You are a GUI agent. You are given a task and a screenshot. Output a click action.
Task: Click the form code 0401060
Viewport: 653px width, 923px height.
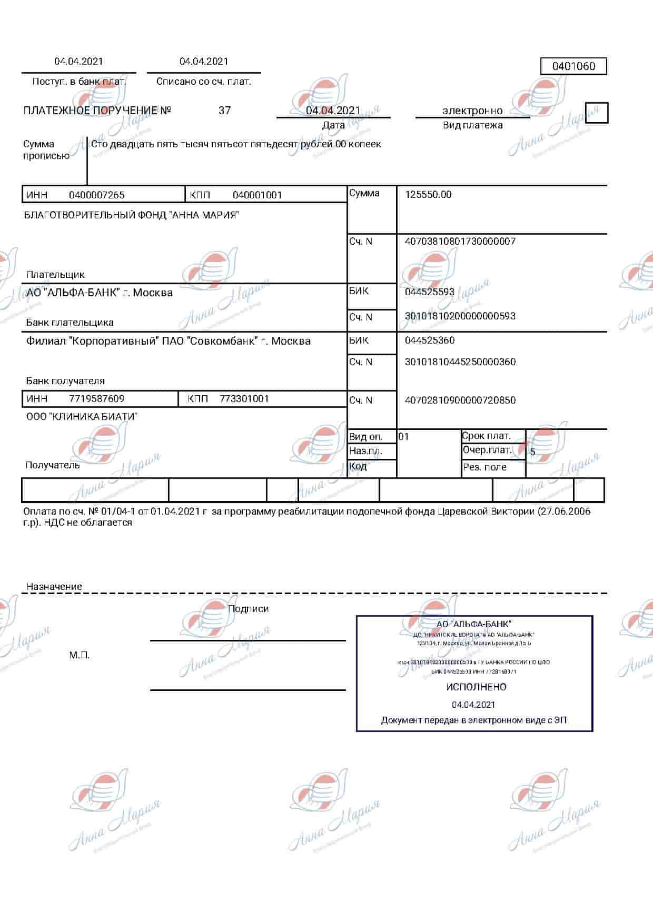[573, 66]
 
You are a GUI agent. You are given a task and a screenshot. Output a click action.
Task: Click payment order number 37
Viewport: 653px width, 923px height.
[224, 111]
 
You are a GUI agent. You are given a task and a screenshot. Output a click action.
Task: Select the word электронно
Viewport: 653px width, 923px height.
[472, 111]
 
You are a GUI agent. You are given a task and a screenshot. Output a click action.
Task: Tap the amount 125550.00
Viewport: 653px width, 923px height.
[428, 195]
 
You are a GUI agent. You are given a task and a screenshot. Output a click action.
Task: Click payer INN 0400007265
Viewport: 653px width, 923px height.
[97, 195]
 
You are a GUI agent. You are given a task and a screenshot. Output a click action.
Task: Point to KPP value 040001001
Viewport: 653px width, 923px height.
[258, 195]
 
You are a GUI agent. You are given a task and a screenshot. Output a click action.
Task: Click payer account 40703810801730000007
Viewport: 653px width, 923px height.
[460, 242]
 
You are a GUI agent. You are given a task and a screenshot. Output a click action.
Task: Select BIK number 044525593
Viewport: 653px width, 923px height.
[430, 292]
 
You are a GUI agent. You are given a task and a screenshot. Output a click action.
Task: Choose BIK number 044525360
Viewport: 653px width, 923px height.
[430, 340]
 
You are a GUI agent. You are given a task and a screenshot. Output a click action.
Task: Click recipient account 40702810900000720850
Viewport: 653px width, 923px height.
[460, 400]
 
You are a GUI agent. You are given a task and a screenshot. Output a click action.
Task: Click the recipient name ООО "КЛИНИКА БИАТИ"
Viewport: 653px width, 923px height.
[82, 417]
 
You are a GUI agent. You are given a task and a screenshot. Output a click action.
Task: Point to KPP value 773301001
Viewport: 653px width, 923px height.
[244, 399]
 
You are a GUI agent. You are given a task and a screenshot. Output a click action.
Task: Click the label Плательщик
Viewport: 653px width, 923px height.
[55, 275]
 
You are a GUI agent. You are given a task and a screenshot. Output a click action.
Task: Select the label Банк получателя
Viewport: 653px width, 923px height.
[65, 381]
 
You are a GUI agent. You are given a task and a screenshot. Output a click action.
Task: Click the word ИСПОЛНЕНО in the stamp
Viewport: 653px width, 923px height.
[476, 687]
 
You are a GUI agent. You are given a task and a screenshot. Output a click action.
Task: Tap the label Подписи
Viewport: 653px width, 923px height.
[248, 609]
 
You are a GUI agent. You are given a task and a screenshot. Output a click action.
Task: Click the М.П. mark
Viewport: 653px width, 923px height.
[80, 655]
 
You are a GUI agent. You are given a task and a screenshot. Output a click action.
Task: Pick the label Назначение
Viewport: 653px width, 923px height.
[54, 587]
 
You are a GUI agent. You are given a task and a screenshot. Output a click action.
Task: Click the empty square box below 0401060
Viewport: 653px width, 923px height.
[597, 113]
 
